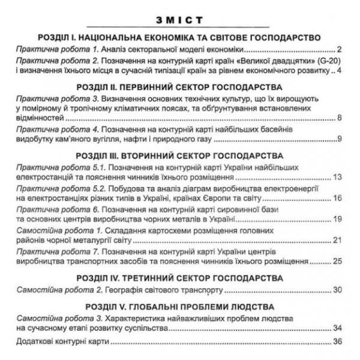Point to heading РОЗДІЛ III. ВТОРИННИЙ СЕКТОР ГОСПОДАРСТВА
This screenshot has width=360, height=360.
click(180, 156)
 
